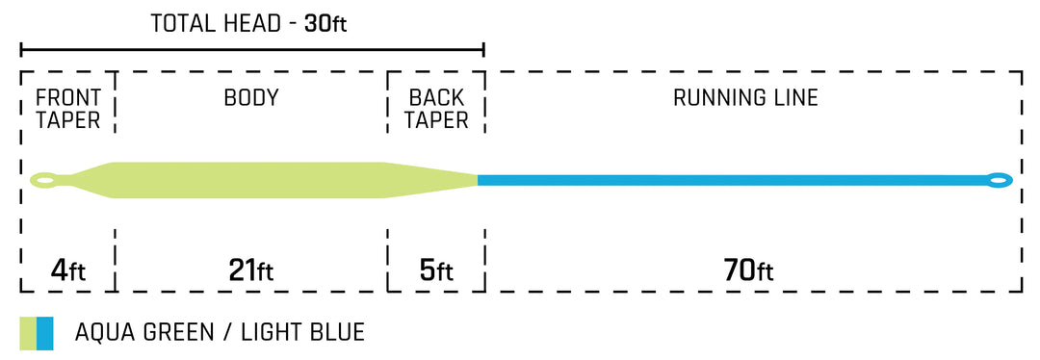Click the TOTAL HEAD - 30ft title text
[247, 23]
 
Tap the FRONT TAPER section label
[68, 109]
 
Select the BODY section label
[251, 98]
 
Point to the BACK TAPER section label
[436, 109]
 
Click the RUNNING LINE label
[745, 98]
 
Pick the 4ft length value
[67, 270]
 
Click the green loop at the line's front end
[43, 179]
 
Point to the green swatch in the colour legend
[28, 333]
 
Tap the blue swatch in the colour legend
[45, 333]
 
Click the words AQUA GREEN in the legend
[144, 333]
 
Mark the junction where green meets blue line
[479, 180]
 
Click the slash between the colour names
[224, 333]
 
